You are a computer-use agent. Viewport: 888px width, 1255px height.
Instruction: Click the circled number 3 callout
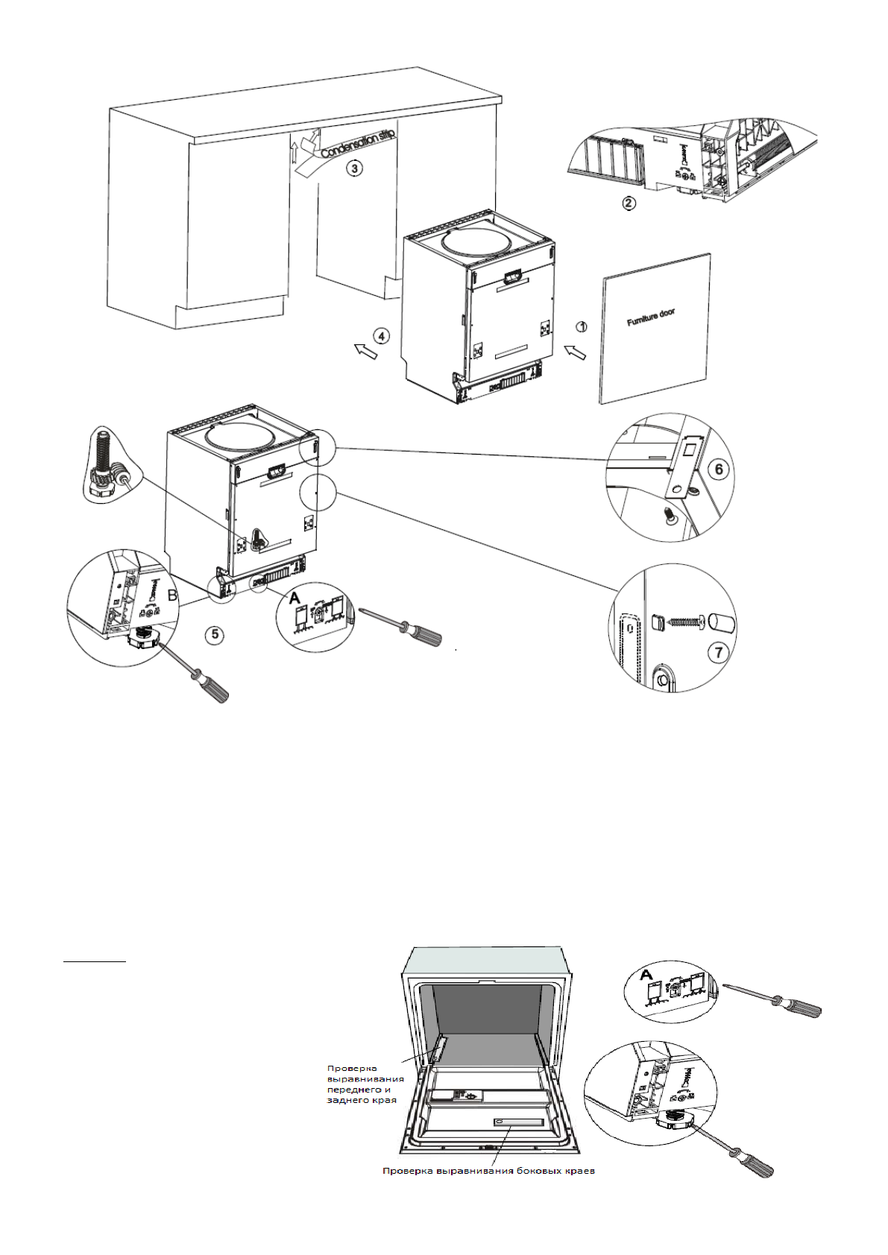tap(355, 168)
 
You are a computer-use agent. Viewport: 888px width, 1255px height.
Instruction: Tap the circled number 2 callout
tap(629, 203)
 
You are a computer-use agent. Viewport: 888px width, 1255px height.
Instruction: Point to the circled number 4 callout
tap(381, 337)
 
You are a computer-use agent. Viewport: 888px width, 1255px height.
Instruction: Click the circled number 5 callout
tap(215, 633)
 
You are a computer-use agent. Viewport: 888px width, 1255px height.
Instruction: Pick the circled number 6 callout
tap(719, 469)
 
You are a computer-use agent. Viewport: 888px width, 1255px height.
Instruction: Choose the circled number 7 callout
tap(719, 653)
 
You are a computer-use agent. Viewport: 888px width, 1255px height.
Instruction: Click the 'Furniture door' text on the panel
tap(651, 317)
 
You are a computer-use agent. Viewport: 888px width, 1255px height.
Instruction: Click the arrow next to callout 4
tap(365, 350)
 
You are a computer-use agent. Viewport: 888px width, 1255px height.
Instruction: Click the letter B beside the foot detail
tap(171, 595)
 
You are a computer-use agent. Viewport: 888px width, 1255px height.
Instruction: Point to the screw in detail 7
tap(684, 620)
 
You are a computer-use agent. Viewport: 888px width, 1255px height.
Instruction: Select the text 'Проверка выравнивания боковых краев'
tap(488, 1171)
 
